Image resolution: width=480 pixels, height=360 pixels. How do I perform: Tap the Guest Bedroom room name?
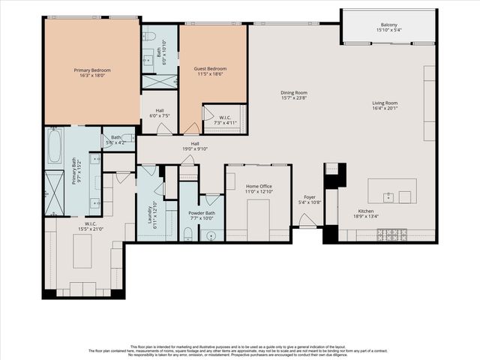coord(210,68)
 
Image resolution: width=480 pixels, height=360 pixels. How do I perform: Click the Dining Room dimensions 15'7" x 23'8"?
coord(294,97)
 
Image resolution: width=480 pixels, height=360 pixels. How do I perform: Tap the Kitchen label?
coord(365,211)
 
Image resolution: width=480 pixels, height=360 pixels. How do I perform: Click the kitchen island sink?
coord(388,197)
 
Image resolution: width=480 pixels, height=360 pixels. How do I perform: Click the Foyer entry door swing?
coord(306,220)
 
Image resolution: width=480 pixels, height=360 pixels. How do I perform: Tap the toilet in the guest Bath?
coord(149,35)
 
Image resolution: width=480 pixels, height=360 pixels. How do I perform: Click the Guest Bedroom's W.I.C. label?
coord(225,118)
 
